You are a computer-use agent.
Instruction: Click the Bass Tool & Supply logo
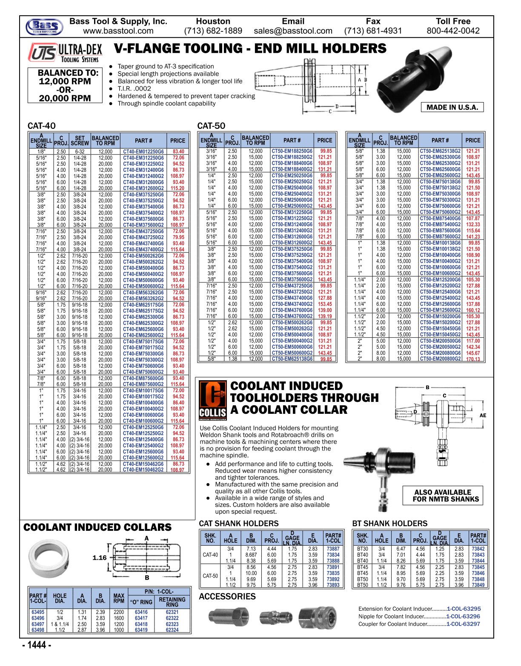tap(44, 26)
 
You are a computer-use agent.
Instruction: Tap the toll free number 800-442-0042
tap(453, 31)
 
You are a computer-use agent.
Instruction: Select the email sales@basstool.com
tap(293, 31)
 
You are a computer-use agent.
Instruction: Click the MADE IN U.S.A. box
tap(452, 107)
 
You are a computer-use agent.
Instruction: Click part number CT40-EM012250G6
tap(143, 151)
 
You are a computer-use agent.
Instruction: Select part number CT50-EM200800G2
tap(440, 359)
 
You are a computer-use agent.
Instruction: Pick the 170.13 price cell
tap(472, 359)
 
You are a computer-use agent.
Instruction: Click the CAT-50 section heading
tap(211, 126)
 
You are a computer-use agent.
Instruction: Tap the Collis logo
tap(213, 400)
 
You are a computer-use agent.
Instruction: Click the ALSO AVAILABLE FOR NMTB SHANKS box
tap(443, 495)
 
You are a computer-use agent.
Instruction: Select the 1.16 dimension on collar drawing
tap(100, 558)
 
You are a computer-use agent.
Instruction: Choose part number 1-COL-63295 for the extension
tap(463, 609)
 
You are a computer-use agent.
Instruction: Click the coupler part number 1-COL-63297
tap(463, 624)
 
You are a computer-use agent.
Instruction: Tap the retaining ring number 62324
tap(172, 630)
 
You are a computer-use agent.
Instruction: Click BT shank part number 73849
tap(478, 585)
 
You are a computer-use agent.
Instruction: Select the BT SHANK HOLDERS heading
tap(389, 524)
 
